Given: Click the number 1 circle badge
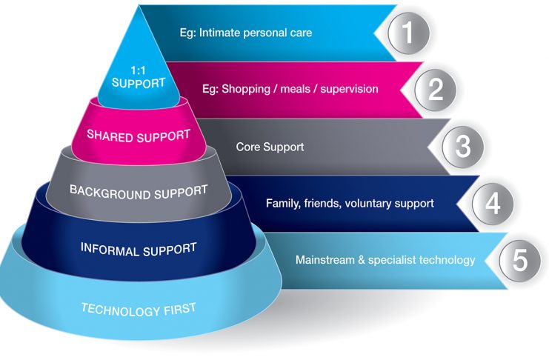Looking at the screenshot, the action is click(408, 33).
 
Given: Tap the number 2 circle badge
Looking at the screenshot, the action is click(435, 90).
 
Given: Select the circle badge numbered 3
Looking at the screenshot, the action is click(463, 147).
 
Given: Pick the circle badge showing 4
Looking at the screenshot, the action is click(493, 203).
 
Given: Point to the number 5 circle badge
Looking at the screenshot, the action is click(520, 260).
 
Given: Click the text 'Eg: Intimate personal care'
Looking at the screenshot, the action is click(246, 33).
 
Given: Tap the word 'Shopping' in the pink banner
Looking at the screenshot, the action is click(246, 90).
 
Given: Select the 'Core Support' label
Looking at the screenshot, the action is click(270, 147).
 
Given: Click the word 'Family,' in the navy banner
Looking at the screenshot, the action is click(283, 204).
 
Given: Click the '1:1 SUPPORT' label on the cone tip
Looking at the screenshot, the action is click(139, 77).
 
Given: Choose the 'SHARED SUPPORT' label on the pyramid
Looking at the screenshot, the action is click(139, 136).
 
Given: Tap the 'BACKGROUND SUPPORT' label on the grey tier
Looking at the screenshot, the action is click(139, 193).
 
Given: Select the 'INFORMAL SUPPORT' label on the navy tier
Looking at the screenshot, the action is click(139, 250).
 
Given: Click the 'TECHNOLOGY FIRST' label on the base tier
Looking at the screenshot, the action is click(139, 310).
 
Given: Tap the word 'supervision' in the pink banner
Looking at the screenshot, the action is click(350, 90).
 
